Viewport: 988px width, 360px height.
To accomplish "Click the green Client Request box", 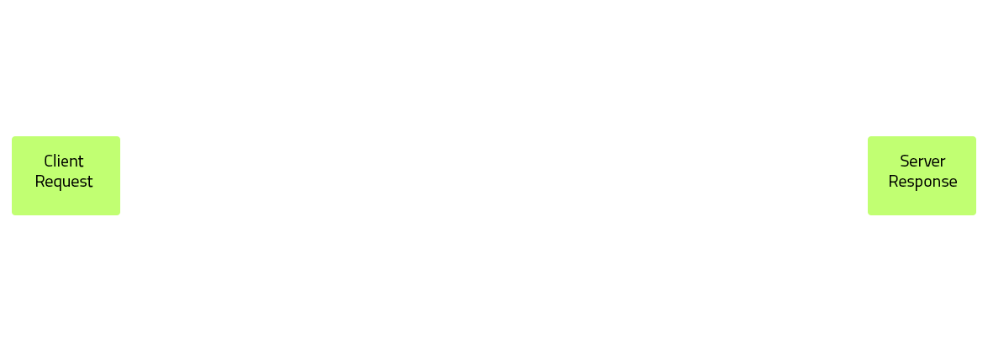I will tap(66, 175).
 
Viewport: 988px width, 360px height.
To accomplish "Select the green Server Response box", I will tap(922, 175).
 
